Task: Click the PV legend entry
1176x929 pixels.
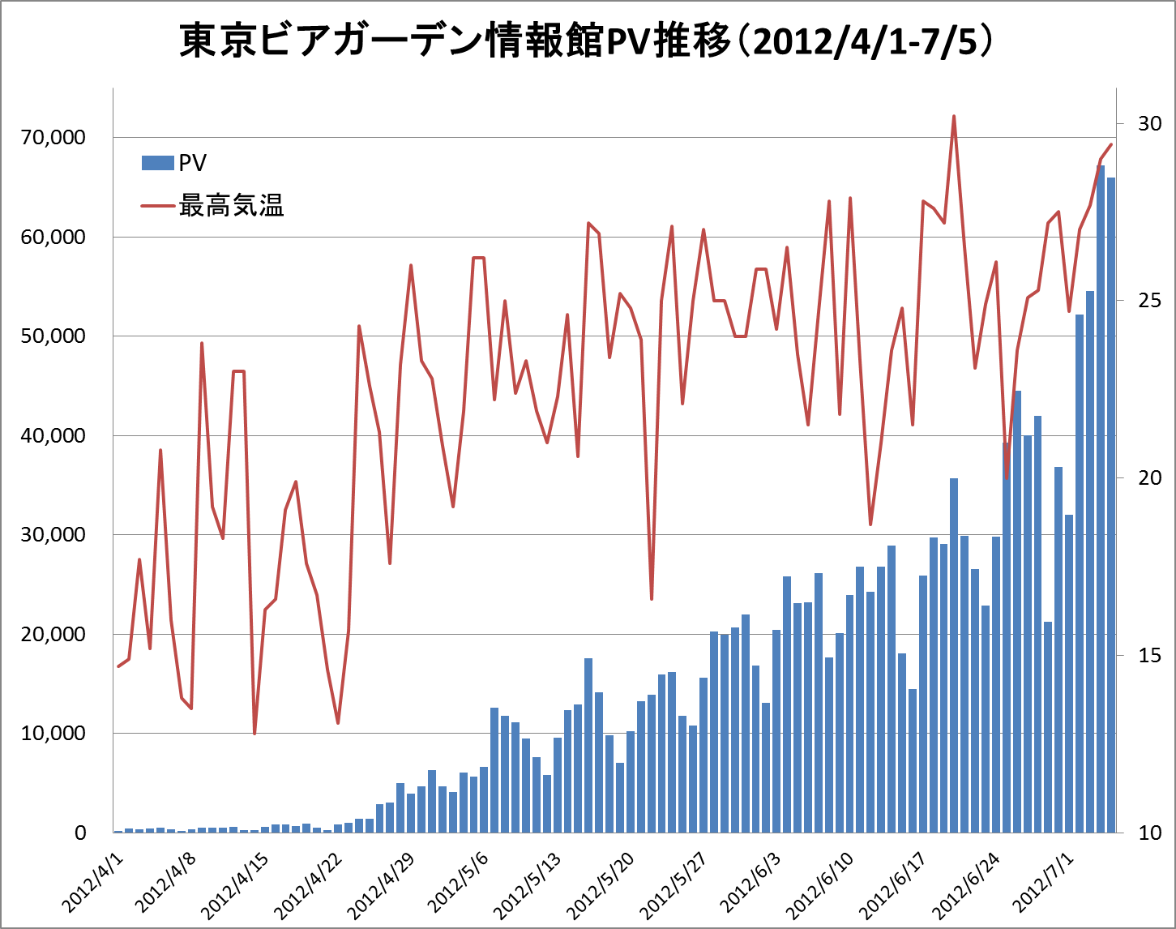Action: coord(192,163)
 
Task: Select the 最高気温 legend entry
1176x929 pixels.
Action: coord(231,206)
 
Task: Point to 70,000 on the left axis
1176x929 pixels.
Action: coord(53,138)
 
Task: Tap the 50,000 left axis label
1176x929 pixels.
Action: coord(53,336)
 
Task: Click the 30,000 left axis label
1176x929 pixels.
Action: coord(53,535)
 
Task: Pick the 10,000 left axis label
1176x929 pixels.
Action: coord(53,734)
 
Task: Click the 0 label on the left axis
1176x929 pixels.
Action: coord(80,833)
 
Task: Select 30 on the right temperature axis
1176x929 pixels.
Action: coord(1149,123)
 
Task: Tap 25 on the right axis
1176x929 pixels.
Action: coord(1149,301)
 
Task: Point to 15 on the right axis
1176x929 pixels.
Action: coord(1149,655)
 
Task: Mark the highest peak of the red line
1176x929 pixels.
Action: coord(954,117)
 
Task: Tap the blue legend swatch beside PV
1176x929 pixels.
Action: coord(157,163)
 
